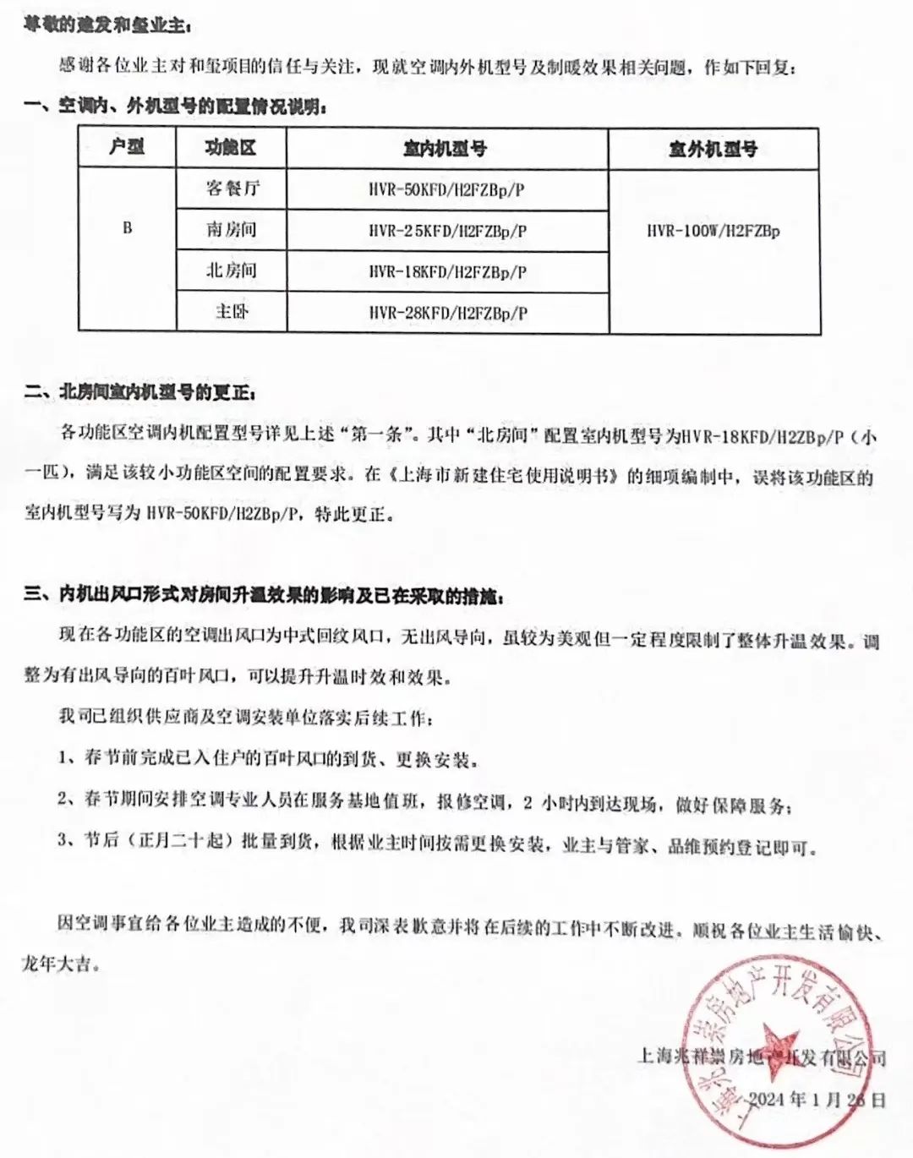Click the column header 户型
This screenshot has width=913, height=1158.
click(127, 147)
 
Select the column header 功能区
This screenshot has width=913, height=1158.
click(230, 148)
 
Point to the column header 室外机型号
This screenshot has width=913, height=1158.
click(713, 150)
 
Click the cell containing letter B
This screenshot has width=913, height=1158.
click(127, 228)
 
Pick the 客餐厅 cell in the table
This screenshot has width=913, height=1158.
click(232, 188)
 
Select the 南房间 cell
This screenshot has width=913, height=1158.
click(232, 230)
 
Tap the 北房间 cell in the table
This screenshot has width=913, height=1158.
click(232, 271)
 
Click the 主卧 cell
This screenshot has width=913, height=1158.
click(232, 312)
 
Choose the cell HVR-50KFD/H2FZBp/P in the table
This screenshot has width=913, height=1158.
click(446, 190)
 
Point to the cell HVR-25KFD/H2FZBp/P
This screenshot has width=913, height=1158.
click(446, 231)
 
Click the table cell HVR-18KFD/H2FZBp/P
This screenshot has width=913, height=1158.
click(446, 272)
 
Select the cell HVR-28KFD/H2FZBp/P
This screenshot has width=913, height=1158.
click(446, 313)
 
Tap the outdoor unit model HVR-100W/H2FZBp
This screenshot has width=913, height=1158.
click(713, 231)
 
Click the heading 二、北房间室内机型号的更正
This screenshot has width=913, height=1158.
click(139, 393)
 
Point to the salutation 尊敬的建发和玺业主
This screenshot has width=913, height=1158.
click(107, 25)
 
